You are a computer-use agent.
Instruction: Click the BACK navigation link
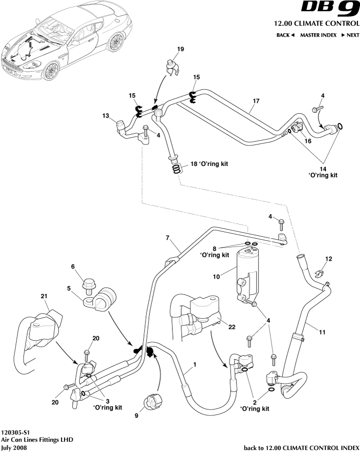pos(285,35)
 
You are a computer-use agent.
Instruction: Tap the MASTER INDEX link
pos(318,35)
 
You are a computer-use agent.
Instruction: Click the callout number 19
pos(180,49)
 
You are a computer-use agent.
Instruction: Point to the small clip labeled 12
pos(320,274)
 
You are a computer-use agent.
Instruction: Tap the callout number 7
pos(167,238)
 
